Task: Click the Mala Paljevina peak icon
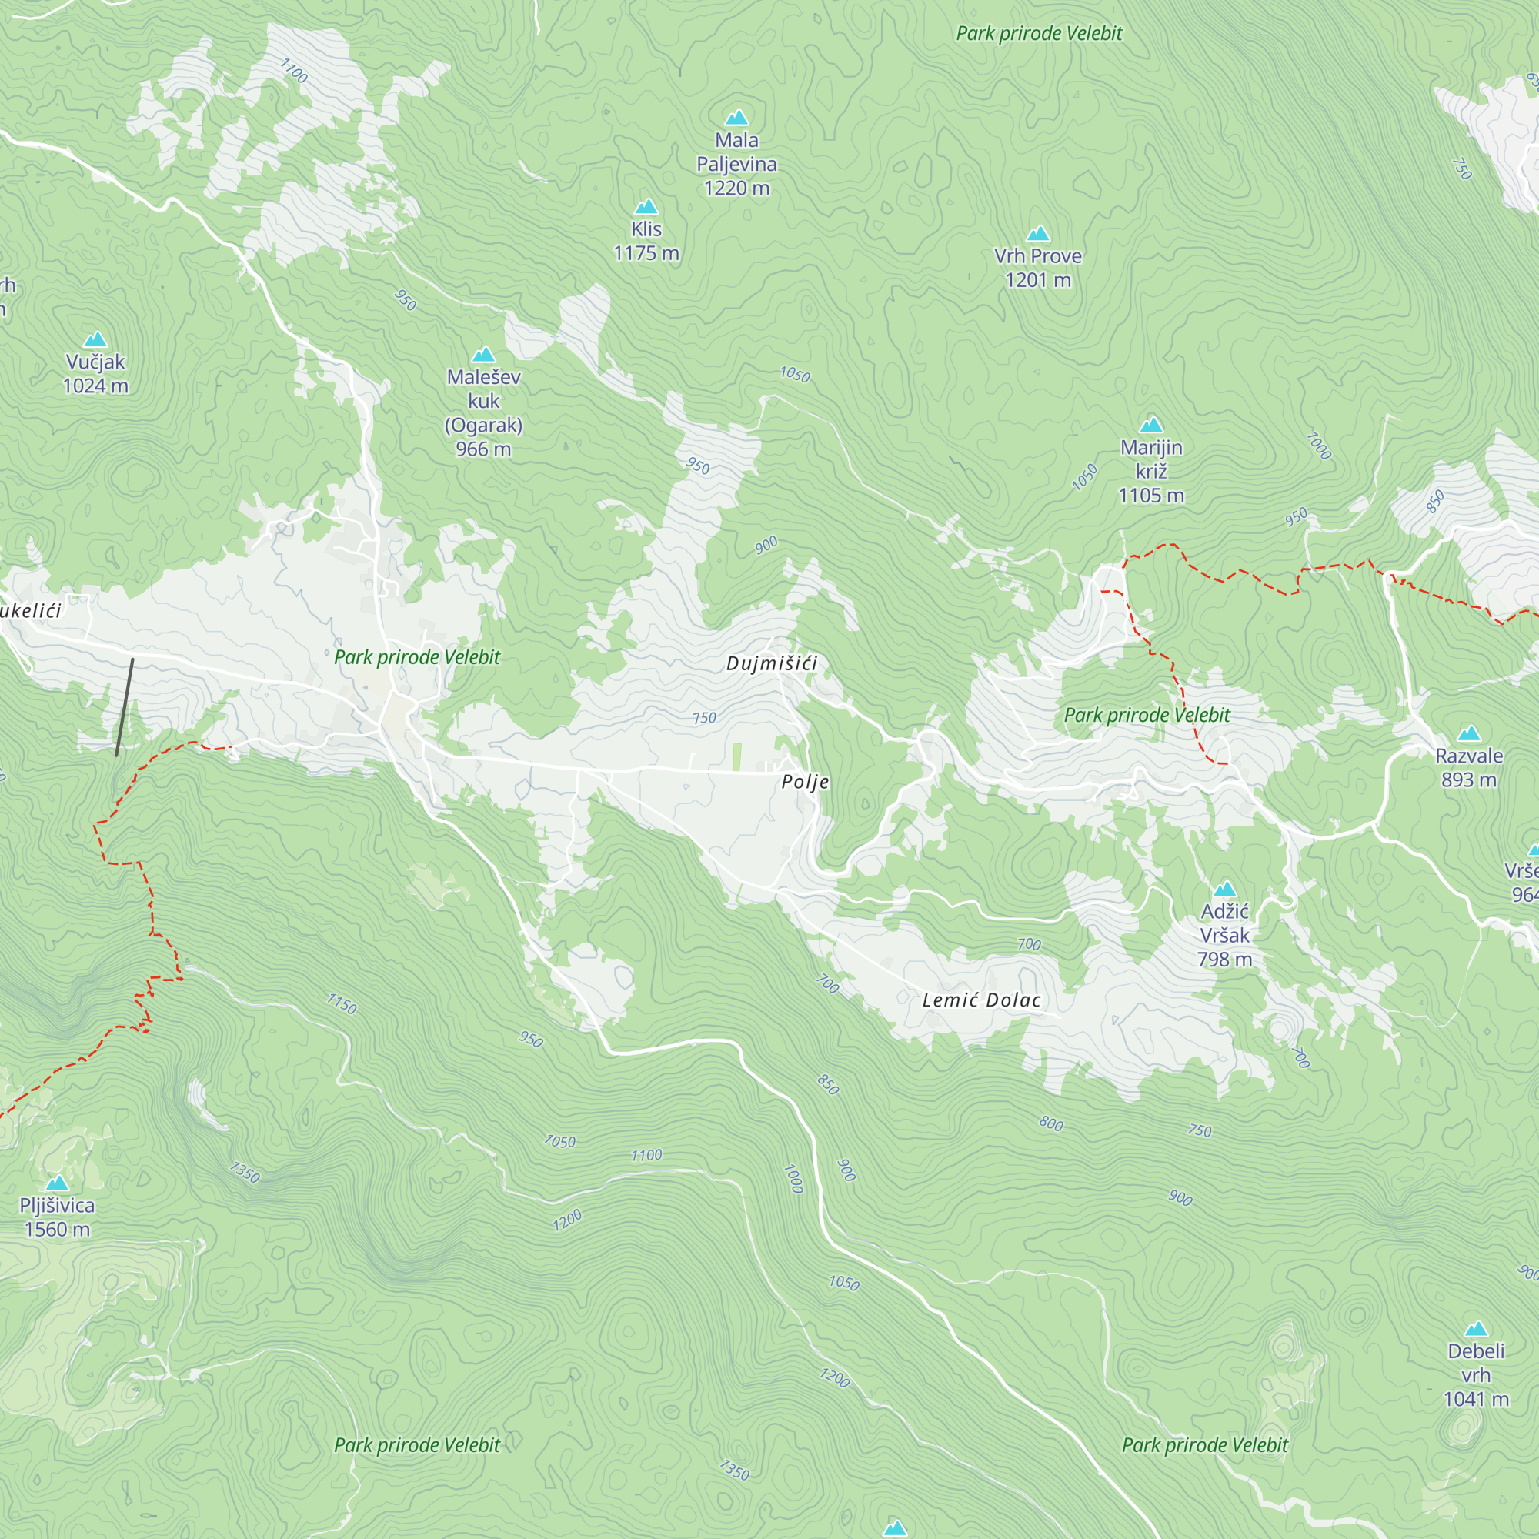coord(737,119)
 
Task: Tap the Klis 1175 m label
coord(646,242)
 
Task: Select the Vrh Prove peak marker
coord(1038,234)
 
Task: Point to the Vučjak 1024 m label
coord(95,374)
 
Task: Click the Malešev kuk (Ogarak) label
coord(483,412)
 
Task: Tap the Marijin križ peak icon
coord(1151,425)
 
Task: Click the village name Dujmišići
coord(771,663)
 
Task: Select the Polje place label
coord(806,782)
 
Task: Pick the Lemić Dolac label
coord(981,1000)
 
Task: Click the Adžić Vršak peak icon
coord(1224,890)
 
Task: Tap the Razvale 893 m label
coord(1469,767)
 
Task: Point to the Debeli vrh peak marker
coord(1476,1329)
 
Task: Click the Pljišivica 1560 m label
coord(58,1217)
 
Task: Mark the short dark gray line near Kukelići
coord(124,707)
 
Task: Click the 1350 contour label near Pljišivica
coord(245,1173)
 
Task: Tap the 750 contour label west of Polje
coord(704,718)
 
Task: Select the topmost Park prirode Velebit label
coord(1039,33)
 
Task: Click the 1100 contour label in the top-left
coord(294,72)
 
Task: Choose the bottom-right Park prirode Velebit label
coord(1204,1445)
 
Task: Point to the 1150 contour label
coord(342,1003)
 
